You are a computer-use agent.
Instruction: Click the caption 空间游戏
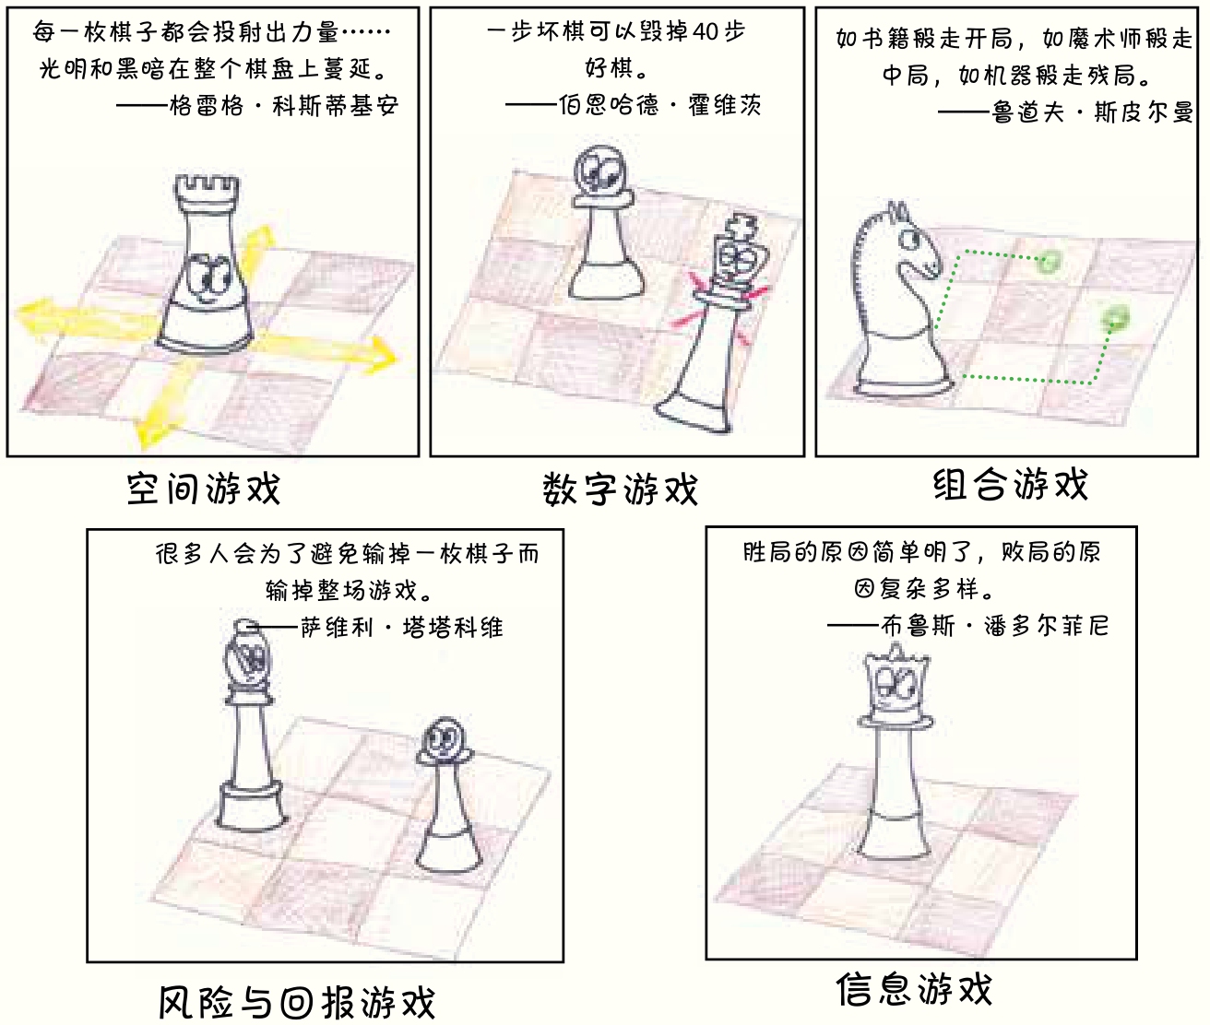(204, 489)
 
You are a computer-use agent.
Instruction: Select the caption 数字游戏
(621, 489)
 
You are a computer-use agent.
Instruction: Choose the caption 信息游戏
(914, 989)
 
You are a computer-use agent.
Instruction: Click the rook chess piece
(206, 264)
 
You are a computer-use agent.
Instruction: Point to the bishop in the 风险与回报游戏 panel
(251, 725)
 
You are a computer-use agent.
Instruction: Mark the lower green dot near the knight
(1115, 318)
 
